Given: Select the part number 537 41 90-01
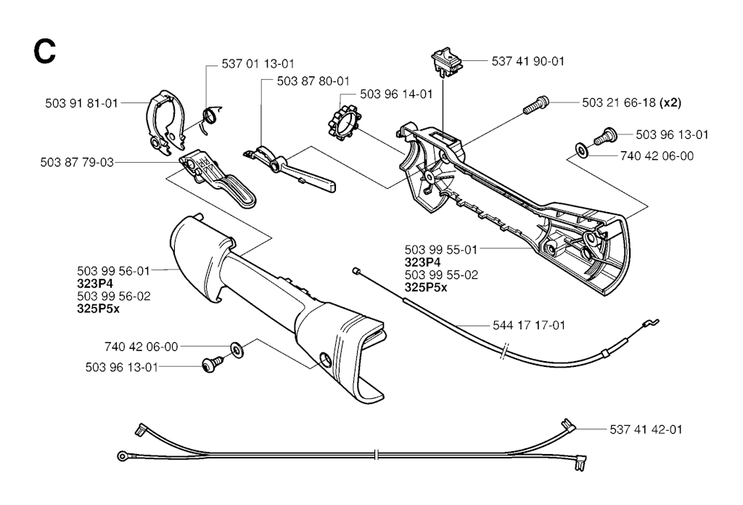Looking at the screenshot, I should pyautogui.click(x=528, y=62).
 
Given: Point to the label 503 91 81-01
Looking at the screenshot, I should pyautogui.click(x=81, y=103).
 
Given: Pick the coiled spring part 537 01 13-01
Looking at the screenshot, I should pyautogui.click(x=209, y=116).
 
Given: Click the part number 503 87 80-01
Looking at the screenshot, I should pyautogui.click(x=313, y=81).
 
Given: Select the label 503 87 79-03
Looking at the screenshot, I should pyautogui.click(x=78, y=161).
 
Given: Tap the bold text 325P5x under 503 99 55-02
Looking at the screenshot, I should pyautogui.click(x=426, y=287).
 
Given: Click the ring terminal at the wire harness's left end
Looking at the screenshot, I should pyautogui.click(x=122, y=456).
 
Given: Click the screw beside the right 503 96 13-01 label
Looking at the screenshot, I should pyautogui.click(x=604, y=135).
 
